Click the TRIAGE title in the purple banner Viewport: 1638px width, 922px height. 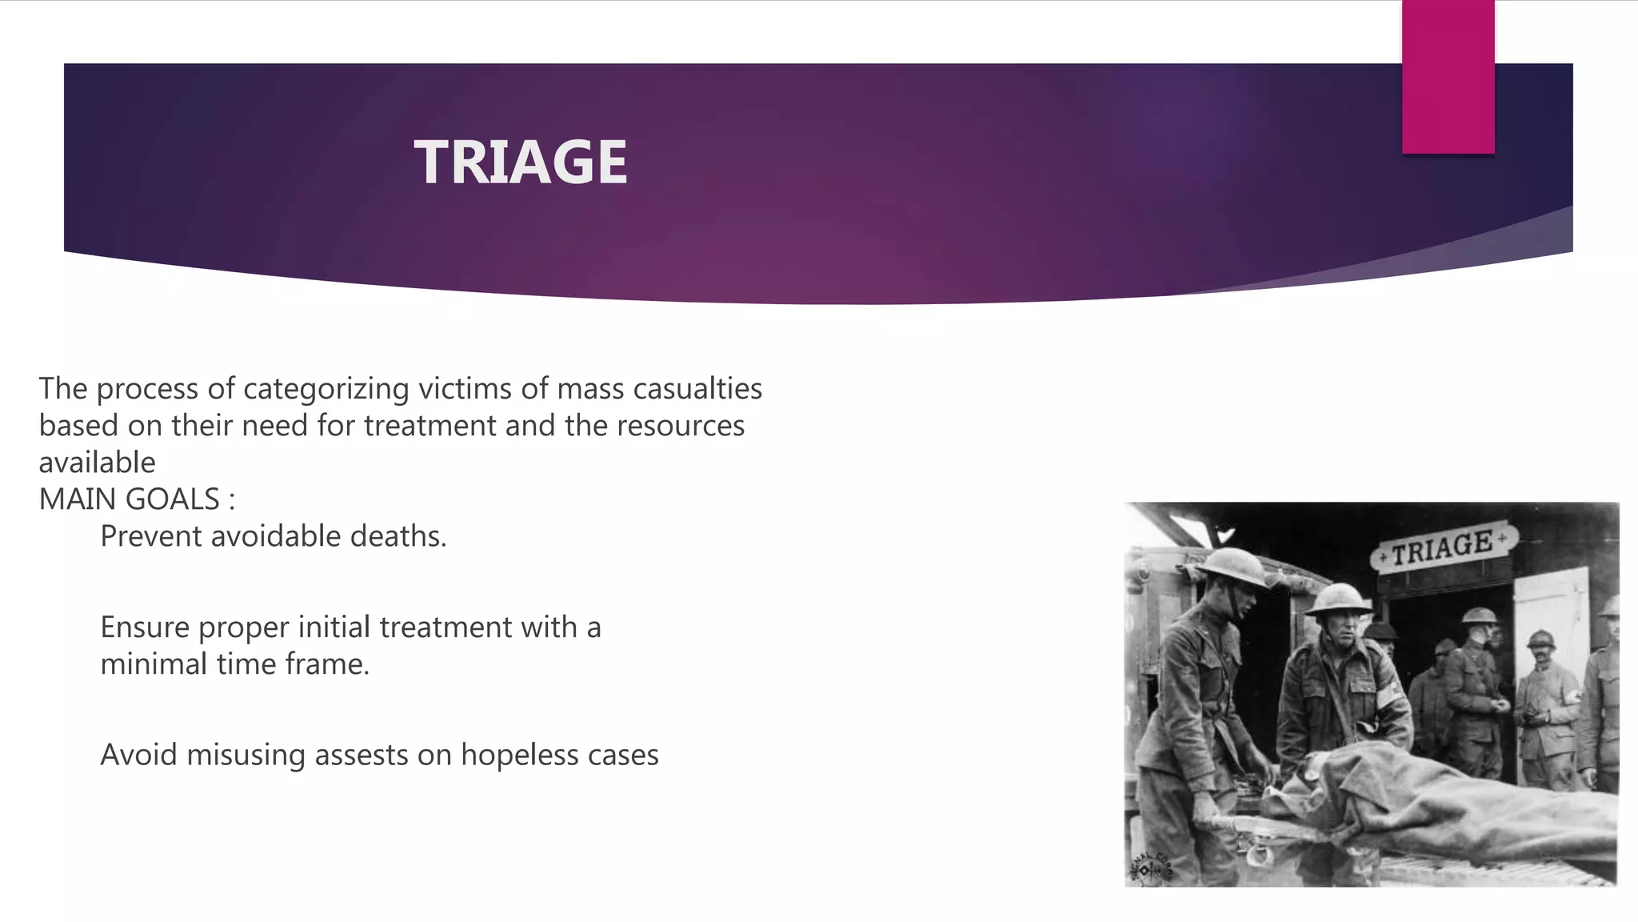coord(521,162)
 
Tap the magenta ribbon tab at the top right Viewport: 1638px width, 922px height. coord(1448,76)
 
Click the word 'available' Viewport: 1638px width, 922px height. coord(97,463)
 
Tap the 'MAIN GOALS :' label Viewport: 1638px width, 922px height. coord(137,499)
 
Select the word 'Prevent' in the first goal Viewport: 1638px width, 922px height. coord(150,536)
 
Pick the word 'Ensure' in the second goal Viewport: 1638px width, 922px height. coord(145,627)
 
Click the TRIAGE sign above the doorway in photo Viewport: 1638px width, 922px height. coord(1442,547)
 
